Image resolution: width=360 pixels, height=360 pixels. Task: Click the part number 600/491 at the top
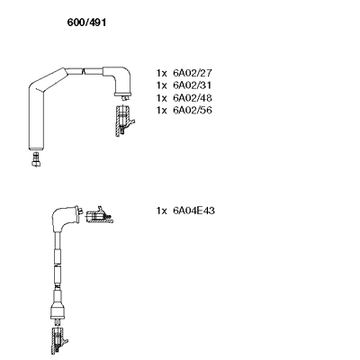86,22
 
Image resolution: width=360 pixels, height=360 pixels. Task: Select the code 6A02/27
193,73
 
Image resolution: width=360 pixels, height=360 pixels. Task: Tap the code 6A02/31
193,85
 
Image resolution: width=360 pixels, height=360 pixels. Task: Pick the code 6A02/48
193,98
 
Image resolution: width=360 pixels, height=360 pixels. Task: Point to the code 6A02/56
193,111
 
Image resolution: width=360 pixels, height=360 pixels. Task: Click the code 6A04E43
193,211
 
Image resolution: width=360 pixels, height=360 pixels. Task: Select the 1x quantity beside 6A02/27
161,73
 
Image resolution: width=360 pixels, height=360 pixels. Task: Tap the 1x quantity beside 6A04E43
161,211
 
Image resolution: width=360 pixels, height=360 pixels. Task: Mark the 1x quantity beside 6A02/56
161,111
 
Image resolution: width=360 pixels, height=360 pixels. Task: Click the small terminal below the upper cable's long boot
36,159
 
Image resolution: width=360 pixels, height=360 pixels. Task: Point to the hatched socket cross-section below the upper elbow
123,121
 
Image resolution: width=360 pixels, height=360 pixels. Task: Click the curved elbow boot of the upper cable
120,78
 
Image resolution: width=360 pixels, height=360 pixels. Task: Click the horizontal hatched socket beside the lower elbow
99,216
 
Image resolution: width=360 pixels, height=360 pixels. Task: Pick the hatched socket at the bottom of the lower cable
58,341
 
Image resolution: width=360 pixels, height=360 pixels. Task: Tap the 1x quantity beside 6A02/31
161,85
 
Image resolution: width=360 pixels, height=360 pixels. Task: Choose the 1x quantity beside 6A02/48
161,98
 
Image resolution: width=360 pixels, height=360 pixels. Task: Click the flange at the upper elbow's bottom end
122,94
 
